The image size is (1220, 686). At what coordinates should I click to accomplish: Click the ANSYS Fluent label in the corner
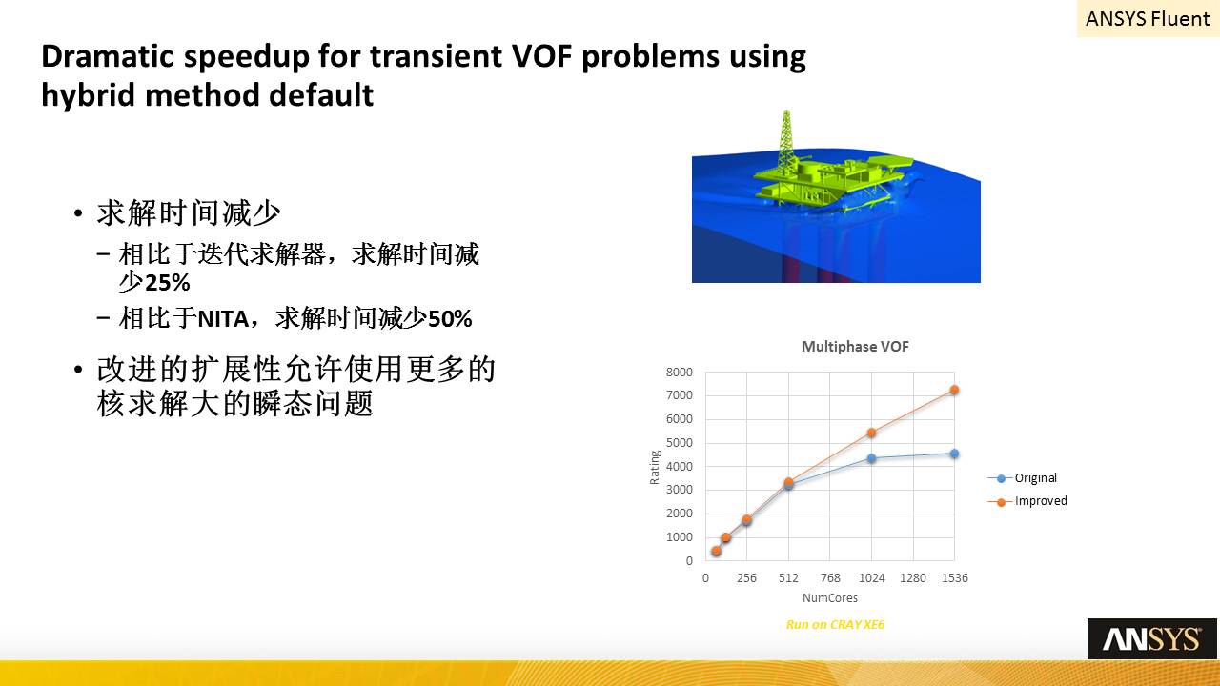coord(1148,18)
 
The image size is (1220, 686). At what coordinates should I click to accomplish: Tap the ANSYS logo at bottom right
coord(1152,638)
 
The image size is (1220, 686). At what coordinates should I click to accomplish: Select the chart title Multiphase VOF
coord(855,346)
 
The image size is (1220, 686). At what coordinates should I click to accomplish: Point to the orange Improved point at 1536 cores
coord(954,390)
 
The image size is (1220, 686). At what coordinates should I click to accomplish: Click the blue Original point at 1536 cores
coord(954,454)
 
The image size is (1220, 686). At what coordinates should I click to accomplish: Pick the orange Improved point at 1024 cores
coord(871,433)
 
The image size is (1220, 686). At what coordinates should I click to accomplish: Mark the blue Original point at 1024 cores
coord(871,458)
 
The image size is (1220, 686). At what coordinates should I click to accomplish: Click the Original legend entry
coord(1023,478)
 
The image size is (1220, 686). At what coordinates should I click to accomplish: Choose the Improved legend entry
coord(1027,501)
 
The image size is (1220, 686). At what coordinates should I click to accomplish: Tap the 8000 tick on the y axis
coord(680,373)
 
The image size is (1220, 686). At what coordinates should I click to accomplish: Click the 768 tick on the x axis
coord(830,578)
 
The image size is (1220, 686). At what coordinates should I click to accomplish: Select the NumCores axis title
coord(830,598)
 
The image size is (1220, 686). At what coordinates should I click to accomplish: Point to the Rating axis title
coord(655,467)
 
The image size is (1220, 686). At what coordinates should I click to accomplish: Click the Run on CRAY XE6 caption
coord(836,624)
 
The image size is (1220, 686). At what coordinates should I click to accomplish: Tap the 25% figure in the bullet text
coord(168,283)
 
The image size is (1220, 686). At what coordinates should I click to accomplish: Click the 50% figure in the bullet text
coord(450,319)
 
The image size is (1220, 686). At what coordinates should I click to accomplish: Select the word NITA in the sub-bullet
coord(223,319)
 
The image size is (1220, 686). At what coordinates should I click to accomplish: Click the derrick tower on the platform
coord(786,142)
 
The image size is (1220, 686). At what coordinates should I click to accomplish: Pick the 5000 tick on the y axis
coord(680,443)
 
